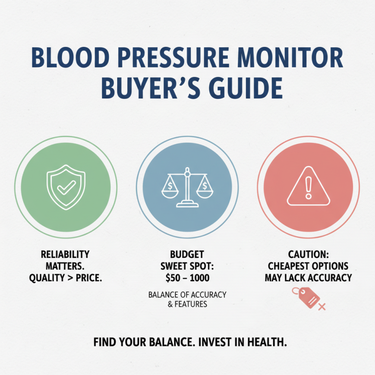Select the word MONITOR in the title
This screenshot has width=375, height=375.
pos(296,59)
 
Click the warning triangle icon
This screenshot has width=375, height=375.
pos(308,187)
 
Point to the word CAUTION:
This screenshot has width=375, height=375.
pos(308,255)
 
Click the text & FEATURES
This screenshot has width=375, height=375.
pos(187,304)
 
